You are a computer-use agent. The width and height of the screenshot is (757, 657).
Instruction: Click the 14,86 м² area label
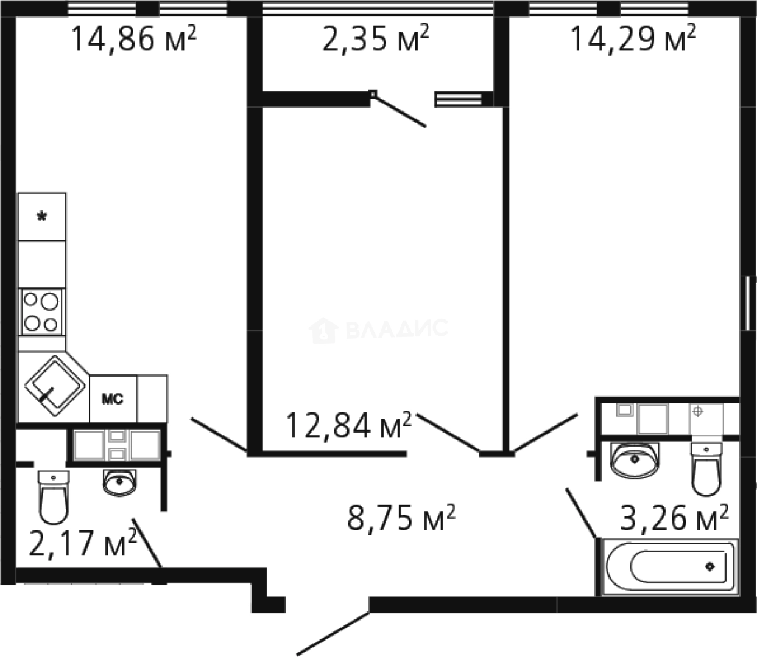(133, 39)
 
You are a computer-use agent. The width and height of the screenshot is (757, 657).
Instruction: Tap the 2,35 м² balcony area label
(376, 38)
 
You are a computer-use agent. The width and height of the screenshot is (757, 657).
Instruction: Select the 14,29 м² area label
(633, 38)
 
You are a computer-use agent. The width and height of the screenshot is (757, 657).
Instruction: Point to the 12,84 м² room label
(349, 426)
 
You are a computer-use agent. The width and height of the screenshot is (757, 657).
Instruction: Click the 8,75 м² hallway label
(401, 518)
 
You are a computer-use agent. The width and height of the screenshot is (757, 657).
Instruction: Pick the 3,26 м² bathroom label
(674, 518)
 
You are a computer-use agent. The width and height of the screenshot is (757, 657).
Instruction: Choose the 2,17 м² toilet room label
(83, 543)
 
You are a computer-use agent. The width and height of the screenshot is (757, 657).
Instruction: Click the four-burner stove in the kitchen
(42, 312)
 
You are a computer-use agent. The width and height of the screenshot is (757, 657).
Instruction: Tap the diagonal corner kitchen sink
(55, 386)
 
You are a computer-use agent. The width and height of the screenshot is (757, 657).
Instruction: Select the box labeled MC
(113, 398)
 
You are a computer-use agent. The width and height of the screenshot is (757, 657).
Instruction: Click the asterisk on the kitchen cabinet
(42, 217)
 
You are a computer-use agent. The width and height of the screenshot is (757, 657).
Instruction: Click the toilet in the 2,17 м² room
(54, 497)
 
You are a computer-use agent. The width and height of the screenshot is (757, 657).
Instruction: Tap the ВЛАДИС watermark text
(396, 328)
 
